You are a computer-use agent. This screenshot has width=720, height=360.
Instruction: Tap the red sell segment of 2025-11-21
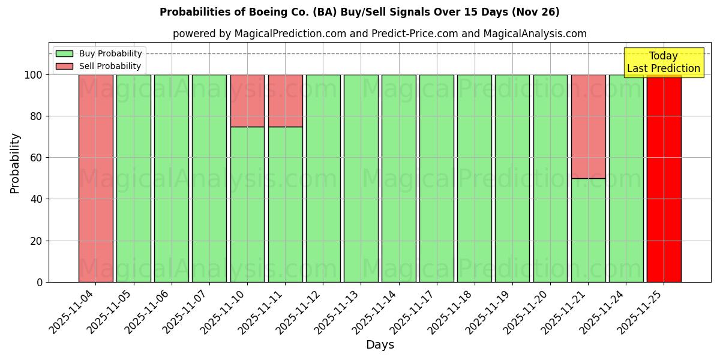pyautogui.click(x=588, y=126)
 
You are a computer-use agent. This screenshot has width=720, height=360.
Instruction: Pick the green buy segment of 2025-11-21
pyautogui.click(x=588, y=230)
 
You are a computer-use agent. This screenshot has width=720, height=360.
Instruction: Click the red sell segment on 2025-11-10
pyautogui.click(x=247, y=100)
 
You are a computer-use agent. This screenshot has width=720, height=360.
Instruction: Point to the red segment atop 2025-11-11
pyautogui.click(x=285, y=100)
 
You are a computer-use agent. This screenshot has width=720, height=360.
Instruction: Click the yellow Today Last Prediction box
pyautogui.click(x=663, y=62)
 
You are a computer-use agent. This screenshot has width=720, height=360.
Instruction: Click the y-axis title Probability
pyautogui.click(x=15, y=163)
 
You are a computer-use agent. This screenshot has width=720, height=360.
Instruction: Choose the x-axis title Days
pyautogui.click(x=380, y=345)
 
